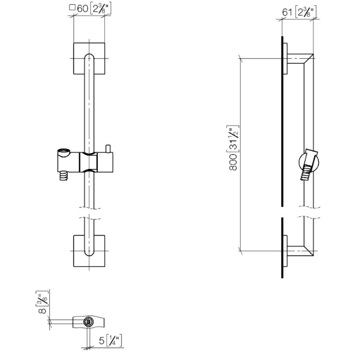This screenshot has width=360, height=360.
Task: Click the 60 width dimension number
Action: (x=83, y=9)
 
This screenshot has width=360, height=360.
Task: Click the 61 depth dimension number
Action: (x=287, y=12)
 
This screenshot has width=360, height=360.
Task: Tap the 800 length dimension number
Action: (x=233, y=162)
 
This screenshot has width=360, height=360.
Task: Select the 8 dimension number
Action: (x=43, y=311)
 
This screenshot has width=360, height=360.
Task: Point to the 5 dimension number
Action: (x=101, y=340)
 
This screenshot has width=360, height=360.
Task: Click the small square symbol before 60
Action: (x=72, y=8)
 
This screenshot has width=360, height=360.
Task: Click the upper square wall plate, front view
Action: (x=89, y=59)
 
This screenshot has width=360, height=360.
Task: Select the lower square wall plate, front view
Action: (x=89, y=251)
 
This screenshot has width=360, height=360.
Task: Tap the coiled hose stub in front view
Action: (x=64, y=176)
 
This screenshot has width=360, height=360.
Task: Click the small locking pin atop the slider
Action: (x=108, y=148)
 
